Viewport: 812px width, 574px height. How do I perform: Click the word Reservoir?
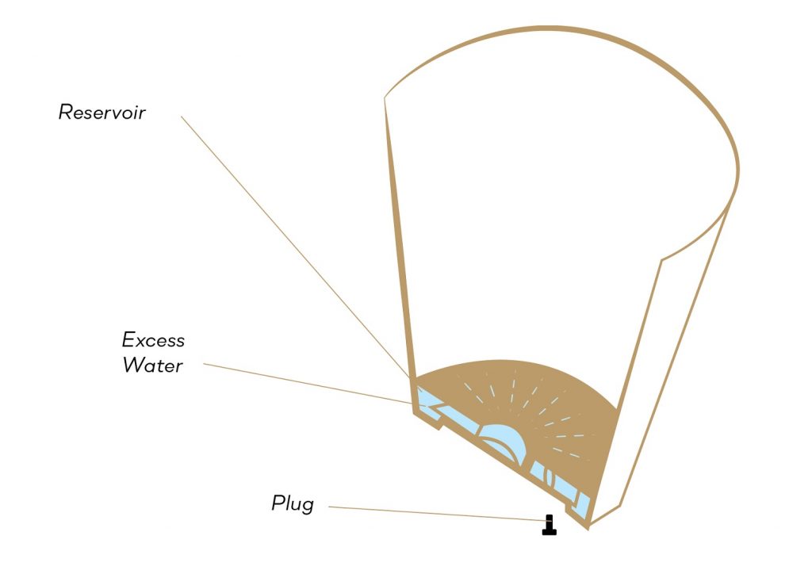(x=102, y=112)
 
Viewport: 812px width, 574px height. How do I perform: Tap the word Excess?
(x=153, y=340)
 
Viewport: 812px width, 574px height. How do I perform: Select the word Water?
(x=153, y=365)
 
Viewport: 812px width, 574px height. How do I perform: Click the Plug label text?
(x=293, y=503)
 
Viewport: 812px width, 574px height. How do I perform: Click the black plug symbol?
(x=550, y=525)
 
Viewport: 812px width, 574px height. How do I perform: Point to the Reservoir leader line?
(x=295, y=247)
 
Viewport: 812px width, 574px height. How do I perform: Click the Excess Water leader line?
(x=307, y=384)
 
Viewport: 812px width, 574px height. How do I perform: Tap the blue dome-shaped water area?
(x=502, y=440)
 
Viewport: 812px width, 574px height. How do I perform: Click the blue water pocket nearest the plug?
(x=583, y=506)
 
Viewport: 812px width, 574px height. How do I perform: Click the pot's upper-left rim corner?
(x=385, y=98)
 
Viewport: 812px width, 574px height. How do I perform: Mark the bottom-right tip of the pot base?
(x=588, y=529)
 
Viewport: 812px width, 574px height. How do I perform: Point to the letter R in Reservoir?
(x=65, y=112)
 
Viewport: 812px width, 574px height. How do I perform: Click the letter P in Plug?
(x=278, y=503)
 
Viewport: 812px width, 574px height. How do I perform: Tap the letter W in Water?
(x=133, y=365)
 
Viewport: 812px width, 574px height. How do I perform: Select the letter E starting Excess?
(x=128, y=339)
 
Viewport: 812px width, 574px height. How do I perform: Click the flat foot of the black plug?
(x=550, y=532)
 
